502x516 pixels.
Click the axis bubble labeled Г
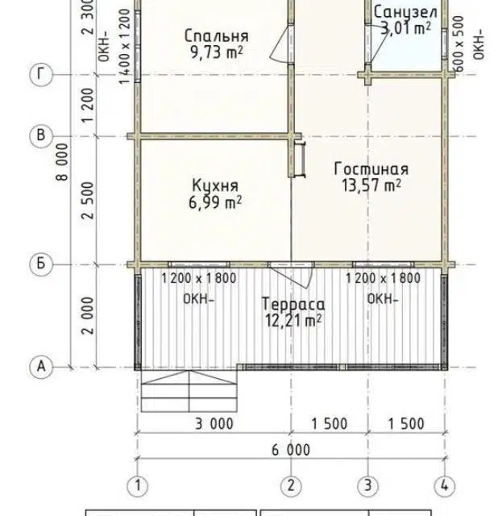pyautogui.click(x=41, y=75)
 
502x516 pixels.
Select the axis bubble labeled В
pyautogui.click(x=41, y=135)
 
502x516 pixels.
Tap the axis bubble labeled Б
pyautogui.click(x=41, y=264)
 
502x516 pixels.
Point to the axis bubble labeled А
pyautogui.click(x=41, y=367)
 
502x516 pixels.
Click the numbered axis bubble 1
pyautogui.click(x=138, y=485)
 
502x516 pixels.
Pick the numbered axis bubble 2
pyautogui.click(x=291, y=485)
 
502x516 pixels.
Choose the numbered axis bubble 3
pyautogui.click(x=368, y=485)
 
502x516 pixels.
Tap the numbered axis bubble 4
pyautogui.click(x=445, y=485)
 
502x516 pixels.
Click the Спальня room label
pyautogui.click(x=217, y=35)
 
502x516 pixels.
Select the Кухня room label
pyautogui.click(x=215, y=185)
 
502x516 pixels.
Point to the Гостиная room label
pyautogui.click(x=371, y=169)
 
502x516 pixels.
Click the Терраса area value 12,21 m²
pyautogui.click(x=293, y=321)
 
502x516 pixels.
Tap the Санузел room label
pyautogui.click(x=405, y=13)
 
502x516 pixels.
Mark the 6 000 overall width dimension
pyautogui.click(x=291, y=450)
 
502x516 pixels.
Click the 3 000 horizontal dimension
pyautogui.click(x=214, y=423)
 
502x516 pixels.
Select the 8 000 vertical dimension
pyautogui.click(x=63, y=161)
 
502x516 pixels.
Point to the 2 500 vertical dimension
pyautogui.click(x=88, y=201)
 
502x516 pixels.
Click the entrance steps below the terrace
pyautogui.click(x=189, y=391)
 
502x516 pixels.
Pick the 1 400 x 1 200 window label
pyautogui.click(x=124, y=47)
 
